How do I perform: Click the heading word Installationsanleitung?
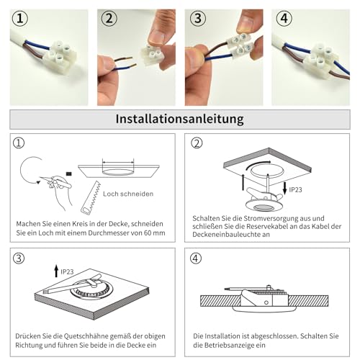click(x=179, y=117)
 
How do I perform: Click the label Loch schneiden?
click(x=127, y=194)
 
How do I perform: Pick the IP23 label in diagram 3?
click(x=67, y=271)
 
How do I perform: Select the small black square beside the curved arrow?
click(x=68, y=173)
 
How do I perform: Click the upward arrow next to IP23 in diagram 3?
click(x=56, y=271)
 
